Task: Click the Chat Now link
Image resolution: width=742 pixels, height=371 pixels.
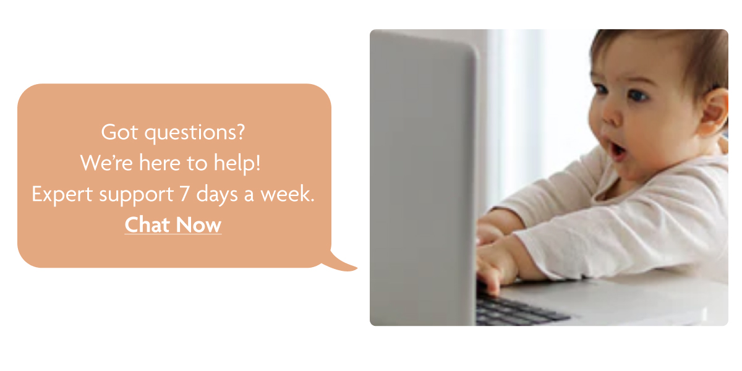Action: click(x=173, y=224)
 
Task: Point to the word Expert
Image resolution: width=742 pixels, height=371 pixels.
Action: click(x=59, y=195)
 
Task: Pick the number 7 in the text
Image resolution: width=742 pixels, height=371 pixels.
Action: click(x=184, y=194)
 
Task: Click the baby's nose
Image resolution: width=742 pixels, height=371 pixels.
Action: click(x=611, y=117)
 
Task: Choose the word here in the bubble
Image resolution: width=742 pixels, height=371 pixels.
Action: click(x=160, y=163)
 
